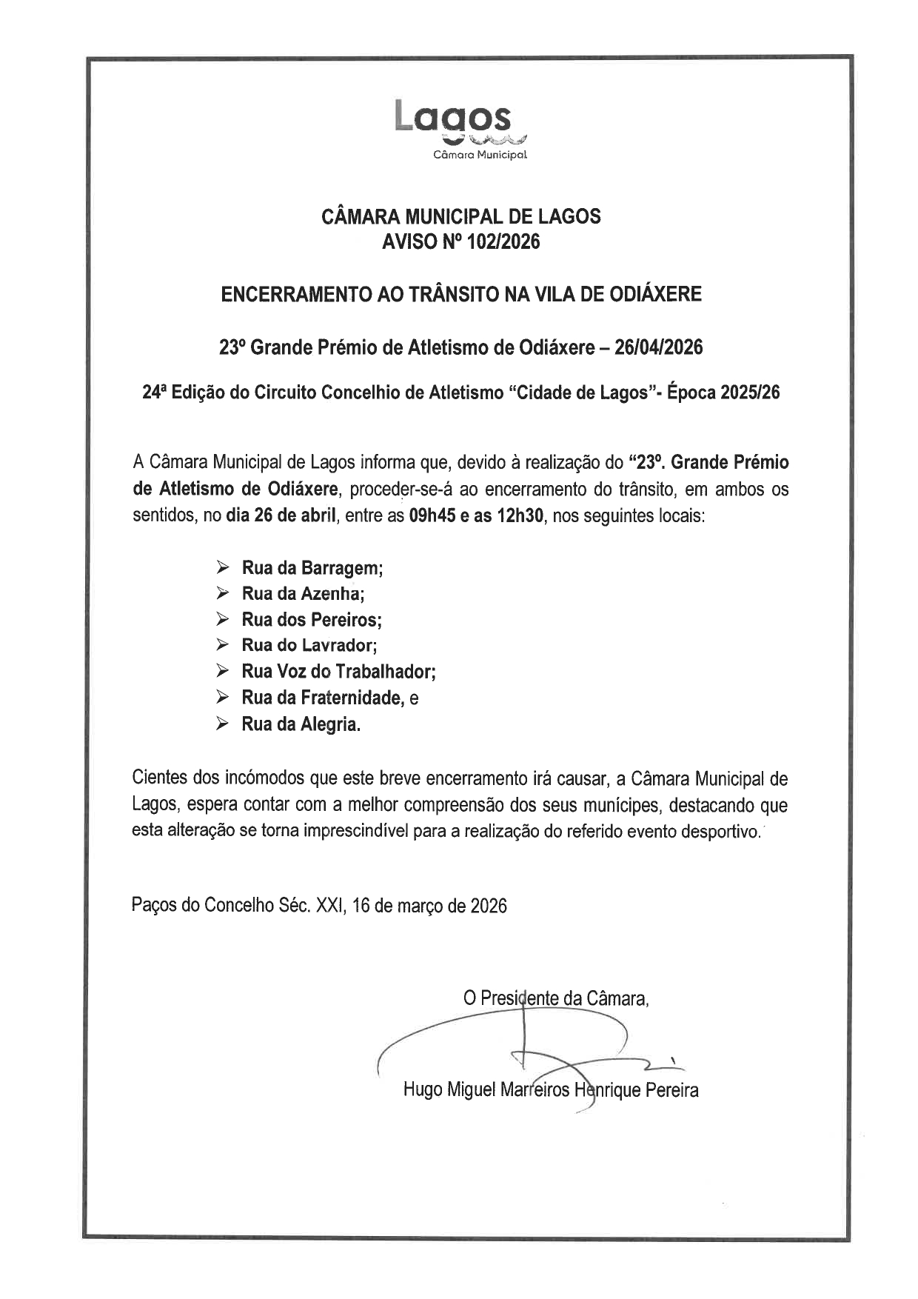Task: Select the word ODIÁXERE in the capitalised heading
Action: click(654, 294)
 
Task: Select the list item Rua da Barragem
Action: click(311, 568)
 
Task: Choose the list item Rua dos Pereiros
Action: click(311, 620)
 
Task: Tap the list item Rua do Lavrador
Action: click(309, 646)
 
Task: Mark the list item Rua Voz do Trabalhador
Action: click(338, 672)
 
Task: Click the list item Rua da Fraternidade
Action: click(322, 698)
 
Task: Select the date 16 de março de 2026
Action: click(430, 906)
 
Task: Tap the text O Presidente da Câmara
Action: click(555, 998)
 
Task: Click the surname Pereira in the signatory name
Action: click(671, 1089)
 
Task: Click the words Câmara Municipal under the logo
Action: click(480, 155)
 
